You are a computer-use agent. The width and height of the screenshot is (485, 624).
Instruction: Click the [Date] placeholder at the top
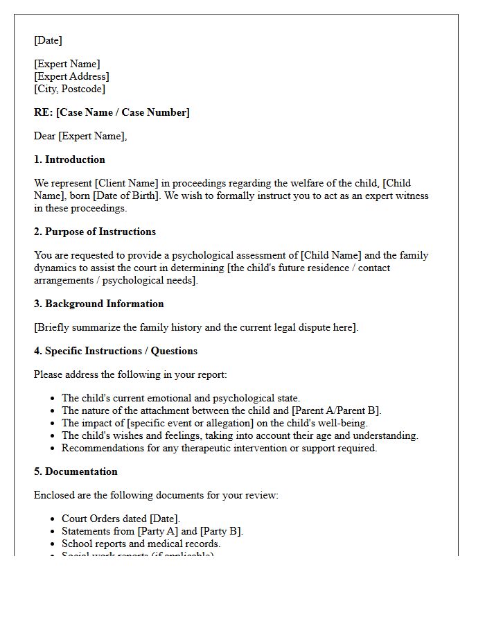click(x=48, y=41)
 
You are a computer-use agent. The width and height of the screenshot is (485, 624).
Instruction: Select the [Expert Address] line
click(x=71, y=77)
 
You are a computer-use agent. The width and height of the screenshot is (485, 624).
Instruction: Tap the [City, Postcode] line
click(x=69, y=89)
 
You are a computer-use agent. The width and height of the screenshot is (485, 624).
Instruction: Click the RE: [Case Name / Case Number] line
click(x=112, y=113)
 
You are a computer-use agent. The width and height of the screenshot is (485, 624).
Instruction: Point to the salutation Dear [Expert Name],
click(x=80, y=137)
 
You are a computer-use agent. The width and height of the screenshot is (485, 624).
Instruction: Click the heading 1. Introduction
click(x=69, y=160)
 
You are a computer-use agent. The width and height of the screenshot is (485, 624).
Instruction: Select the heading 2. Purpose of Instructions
click(x=95, y=232)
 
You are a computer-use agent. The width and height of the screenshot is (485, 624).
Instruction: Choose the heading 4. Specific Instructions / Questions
click(x=116, y=352)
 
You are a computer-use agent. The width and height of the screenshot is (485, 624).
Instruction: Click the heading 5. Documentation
click(x=76, y=472)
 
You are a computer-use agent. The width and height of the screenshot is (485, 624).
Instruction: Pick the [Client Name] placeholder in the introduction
click(x=127, y=184)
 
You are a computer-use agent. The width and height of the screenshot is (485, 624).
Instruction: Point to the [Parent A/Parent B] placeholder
click(x=330, y=411)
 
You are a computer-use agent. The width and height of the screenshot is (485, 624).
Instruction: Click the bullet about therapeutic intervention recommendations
click(x=219, y=449)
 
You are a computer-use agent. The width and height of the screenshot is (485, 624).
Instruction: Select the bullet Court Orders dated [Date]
click(x=121, y=519)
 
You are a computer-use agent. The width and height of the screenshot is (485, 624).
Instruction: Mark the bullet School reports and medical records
click(x=141, y=544)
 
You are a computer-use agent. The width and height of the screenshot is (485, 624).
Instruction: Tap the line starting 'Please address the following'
click(x=130, y=375)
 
